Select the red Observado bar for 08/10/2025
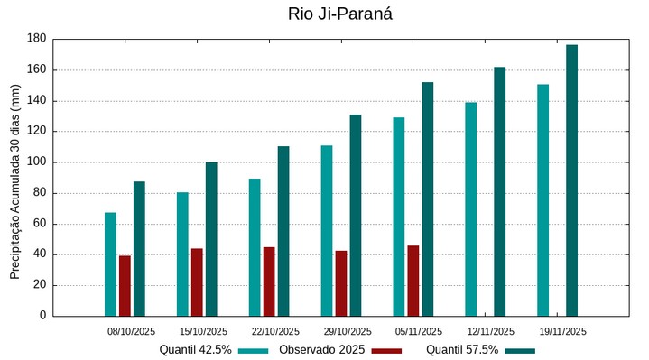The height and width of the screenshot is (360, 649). point(125,285)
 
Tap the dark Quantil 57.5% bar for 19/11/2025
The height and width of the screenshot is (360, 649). point(571,180)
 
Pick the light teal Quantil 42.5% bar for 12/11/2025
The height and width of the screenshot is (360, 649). point(470,209)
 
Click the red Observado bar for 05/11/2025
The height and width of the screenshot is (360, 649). point(413,281)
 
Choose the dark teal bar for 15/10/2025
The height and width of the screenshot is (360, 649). point(211,239)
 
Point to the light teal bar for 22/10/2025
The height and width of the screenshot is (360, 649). point(255,247)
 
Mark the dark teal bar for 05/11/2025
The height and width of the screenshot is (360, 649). point(427,198)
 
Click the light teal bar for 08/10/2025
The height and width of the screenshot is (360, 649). point(110,263)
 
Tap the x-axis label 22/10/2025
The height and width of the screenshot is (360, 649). point(275,331)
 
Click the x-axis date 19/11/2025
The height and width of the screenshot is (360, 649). point(562,331)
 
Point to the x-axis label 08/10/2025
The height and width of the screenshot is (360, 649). point(132,331)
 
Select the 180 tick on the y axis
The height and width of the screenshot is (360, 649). point(36,39)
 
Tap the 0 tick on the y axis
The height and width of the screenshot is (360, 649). point(42,316)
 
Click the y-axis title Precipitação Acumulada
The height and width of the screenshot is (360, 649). point(14,188)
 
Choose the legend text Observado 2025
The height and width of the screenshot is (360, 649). point(320,349)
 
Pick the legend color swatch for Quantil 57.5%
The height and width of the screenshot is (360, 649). point(520,350)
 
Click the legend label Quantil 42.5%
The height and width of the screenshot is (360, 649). point(196,349)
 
